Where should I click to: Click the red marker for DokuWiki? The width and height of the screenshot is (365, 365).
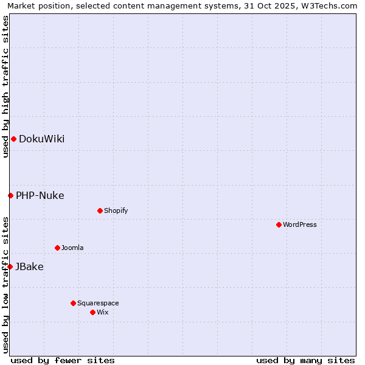pyautogui.click(x=13, y=139)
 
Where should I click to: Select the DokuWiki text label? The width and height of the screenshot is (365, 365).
pyautogui.click(x=41, y=139)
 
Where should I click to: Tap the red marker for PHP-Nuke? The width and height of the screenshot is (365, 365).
pyautogui.click(x=10, y=195)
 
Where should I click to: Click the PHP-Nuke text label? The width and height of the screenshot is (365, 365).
pyautogui.click(x=40, y=196)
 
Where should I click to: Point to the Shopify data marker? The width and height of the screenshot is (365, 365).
pyautogui.click(x=100, y=211)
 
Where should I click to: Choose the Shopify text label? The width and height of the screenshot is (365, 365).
pyautogui.click(x=116, y=211)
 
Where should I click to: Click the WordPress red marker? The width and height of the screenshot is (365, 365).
pyautogui.click(x=279, y=225)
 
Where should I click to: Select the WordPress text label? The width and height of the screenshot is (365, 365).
pyautogui.click(x=299, y=225)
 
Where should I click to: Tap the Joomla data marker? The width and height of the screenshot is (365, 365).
pyautogui.click(x=57, y=248)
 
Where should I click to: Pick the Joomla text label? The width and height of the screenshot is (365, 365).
pyautogui.click(x=72, y=248)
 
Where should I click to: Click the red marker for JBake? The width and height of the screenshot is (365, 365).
pyautogui.click(x=10, y=266)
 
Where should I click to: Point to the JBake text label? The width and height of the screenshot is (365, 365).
pyautogui.click(x=29, y=267)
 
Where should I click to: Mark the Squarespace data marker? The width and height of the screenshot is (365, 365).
pyautogui.click(x=73, y=303)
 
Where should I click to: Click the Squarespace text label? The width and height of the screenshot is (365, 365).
pyautogui.click(x=98, y=304)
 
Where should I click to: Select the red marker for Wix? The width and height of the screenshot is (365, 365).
pyautogui.click(x=92, y=312)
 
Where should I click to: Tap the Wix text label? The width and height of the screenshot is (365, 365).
pyautogui.click(x=102, y=313)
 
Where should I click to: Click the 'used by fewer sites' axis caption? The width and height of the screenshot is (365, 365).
pyautogui.click(x=63, y=361)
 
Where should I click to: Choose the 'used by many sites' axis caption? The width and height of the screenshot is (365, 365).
pyautogui.click(x=305, y=361)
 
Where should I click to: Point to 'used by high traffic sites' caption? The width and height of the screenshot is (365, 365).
pyautogui.click(x=5, y=86)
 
